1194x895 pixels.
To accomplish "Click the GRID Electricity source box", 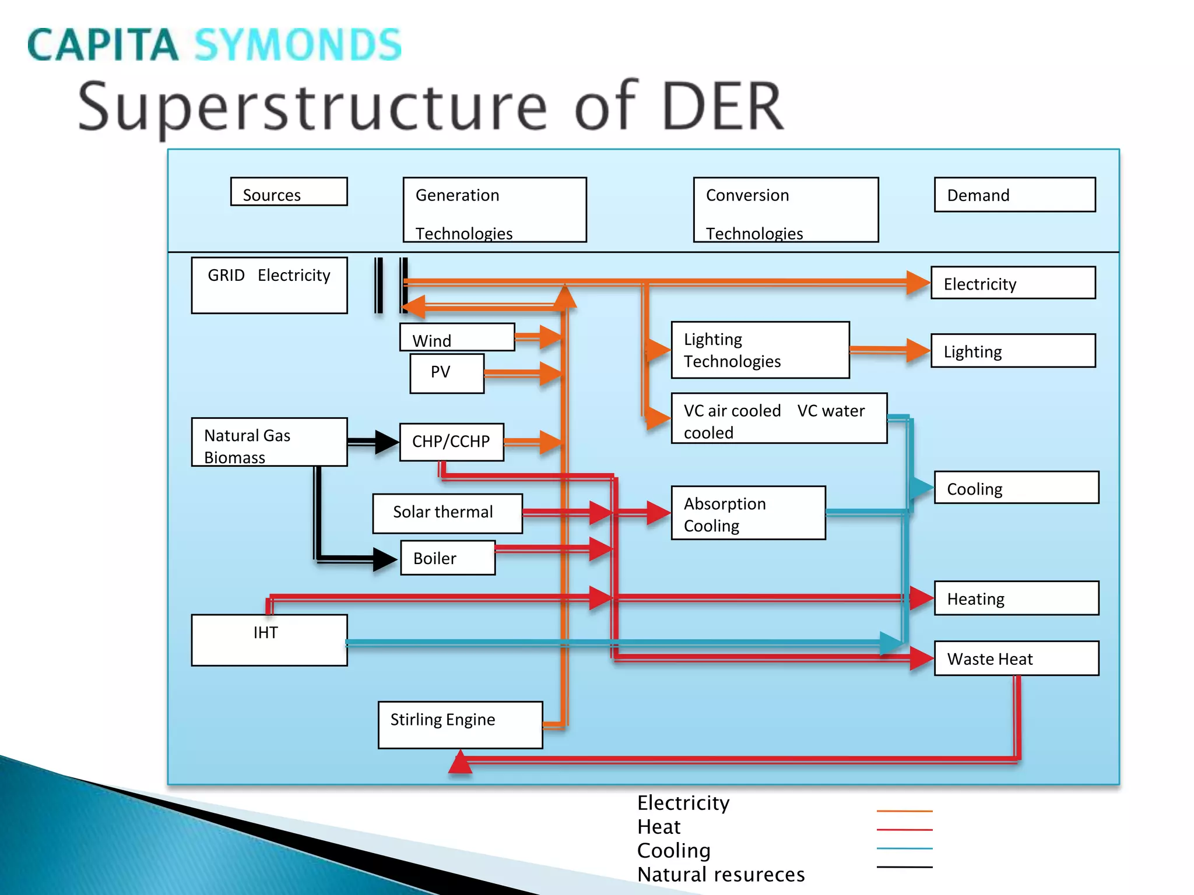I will click(269, 286).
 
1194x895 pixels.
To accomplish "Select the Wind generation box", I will click(457, 337).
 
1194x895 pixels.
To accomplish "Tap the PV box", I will click(447, 373).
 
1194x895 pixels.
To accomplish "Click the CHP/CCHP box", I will click(452, 442).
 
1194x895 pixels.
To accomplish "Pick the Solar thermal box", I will click(448, 513).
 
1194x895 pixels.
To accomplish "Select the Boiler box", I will click(448, 558).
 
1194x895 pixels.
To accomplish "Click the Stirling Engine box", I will click(461, 725).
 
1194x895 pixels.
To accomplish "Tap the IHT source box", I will click(269, 640).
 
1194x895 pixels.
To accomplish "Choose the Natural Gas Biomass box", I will click(269, 442).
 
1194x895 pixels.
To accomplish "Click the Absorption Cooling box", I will click(749, 513).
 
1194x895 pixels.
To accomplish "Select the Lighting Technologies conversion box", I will click(760, 350).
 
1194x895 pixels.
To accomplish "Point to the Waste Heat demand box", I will click(1017, 658).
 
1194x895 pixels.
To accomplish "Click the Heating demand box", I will click(1017, 598).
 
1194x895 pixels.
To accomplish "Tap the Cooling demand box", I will click(1017, 488).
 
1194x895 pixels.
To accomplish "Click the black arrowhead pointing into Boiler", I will click(385, 559).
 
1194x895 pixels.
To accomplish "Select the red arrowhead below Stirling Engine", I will click(461, 763).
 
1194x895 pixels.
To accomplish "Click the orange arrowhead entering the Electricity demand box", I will click(918, 283).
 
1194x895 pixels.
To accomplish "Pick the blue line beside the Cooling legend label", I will click(905, 848).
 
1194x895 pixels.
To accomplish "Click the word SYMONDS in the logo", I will click(298, 45).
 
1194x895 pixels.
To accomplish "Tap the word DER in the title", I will click(723, 107).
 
